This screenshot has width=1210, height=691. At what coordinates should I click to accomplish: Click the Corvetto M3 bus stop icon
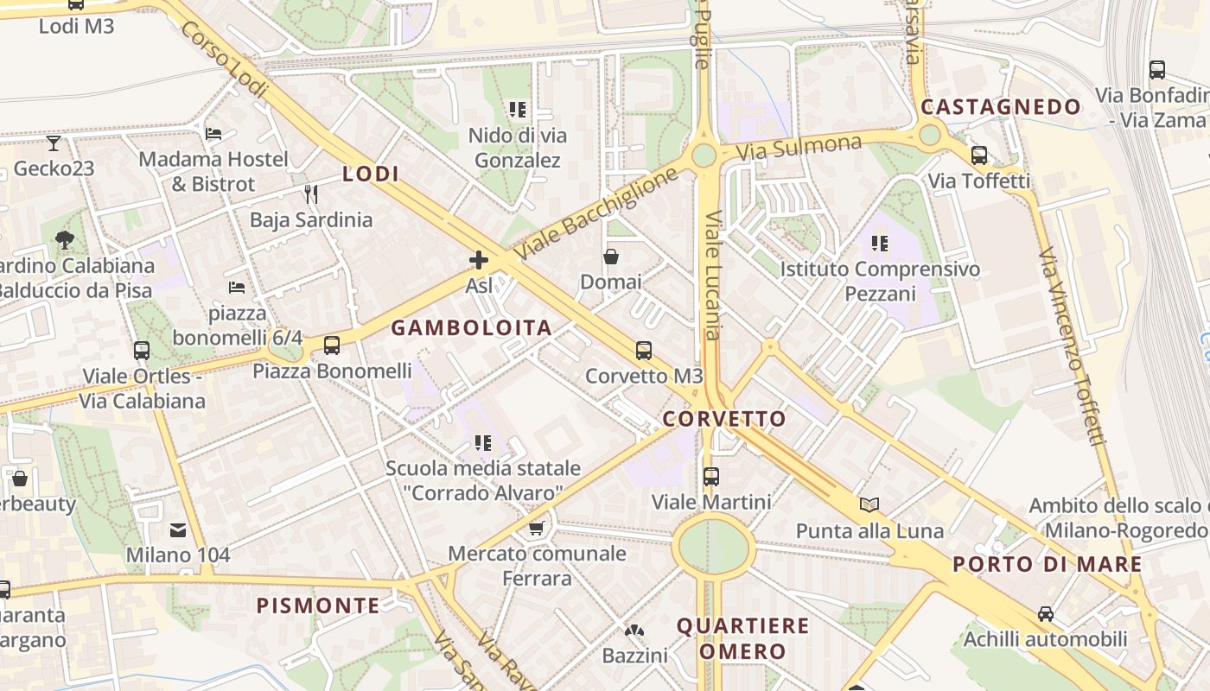point(643,350)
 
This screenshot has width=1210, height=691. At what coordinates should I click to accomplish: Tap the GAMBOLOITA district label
point(472,328)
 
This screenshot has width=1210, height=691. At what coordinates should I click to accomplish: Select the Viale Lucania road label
point(713,276)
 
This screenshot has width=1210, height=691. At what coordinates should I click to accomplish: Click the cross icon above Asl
point(478,260)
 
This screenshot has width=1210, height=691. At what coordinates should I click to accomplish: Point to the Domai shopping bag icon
point(611,257)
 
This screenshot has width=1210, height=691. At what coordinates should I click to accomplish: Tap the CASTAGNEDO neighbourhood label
point(1001,107)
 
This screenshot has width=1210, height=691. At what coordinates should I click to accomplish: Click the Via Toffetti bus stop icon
point(979,155)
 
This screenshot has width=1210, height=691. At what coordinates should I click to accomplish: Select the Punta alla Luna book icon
point(869,504)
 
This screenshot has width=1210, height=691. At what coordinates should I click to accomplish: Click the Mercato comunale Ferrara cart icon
point(536,527)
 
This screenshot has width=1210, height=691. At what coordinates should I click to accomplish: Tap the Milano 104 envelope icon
point(178,529)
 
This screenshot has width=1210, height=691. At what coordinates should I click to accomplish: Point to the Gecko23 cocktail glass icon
point(54,143)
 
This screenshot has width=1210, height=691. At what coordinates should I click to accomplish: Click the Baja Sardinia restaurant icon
point(311,193)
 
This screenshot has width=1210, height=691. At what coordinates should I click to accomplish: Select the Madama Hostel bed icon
point(213,133)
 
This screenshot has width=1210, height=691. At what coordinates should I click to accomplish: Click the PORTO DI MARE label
point(1048,565)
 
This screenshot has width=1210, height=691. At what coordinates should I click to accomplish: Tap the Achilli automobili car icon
point(1045,614)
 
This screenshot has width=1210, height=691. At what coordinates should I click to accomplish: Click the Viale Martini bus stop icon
point(711,476)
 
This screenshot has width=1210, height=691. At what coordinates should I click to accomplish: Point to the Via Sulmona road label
point(799,148)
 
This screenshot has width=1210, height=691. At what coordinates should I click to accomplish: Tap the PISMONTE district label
point(318,605)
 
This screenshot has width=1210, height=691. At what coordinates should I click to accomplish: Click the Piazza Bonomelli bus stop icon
point(331,345)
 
